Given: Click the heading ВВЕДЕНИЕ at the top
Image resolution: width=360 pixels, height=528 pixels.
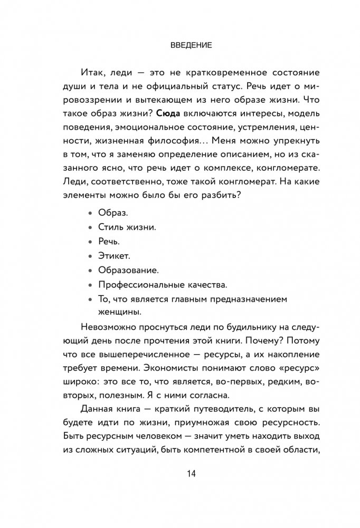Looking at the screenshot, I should click(191, 46).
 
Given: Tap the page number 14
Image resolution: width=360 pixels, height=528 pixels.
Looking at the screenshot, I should click(191, 473).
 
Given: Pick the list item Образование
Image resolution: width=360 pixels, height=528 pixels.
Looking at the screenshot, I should click(128, 270).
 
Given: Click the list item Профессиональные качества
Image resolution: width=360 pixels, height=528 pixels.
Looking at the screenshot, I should click(163, 284).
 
